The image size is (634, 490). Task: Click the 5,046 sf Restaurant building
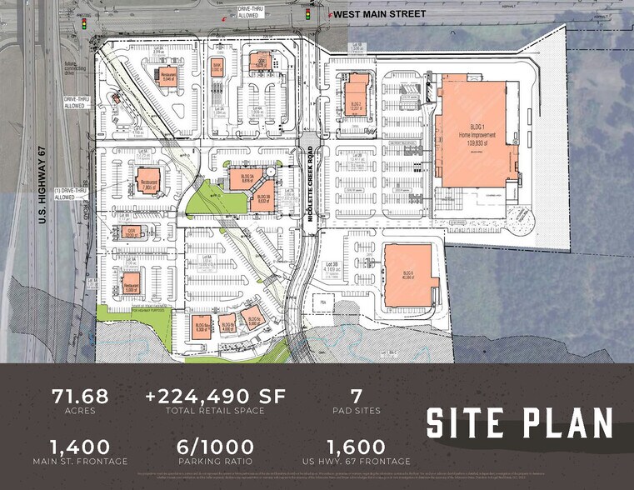click(168, 80)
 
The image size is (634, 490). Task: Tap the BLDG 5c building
click(250, 317)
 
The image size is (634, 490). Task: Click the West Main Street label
click(378, 14)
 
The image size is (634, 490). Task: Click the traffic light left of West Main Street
click(307, 14)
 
